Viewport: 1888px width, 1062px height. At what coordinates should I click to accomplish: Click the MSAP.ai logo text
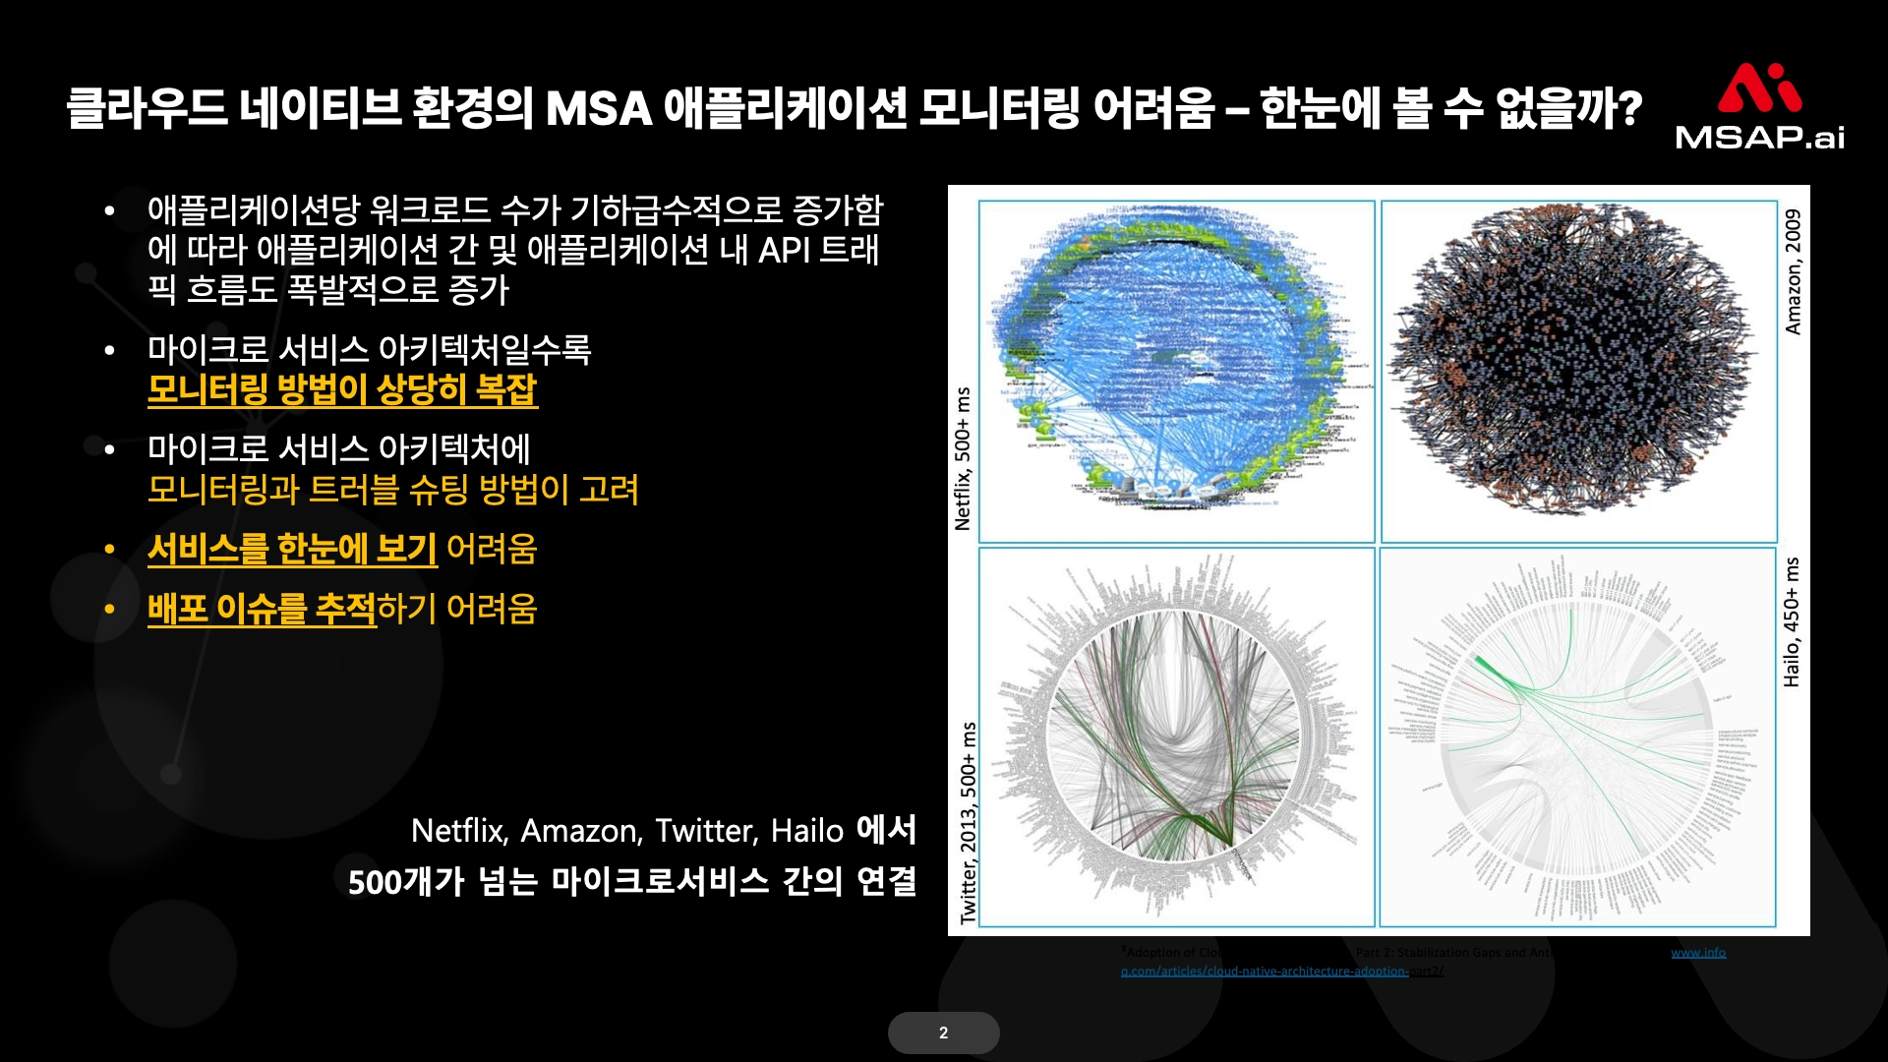pyautogui.click(x=1759, y=136)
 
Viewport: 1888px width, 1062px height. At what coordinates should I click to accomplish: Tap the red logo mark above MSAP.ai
pyautogui.click(x=1759, y=88)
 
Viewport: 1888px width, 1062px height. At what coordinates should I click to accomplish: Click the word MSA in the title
pyautogui.click(x=598, y=108)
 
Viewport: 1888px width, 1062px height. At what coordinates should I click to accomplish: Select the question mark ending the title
pyautogui.click(x=1628, y=108)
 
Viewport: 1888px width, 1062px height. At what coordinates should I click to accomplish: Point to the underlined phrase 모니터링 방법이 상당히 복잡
pyautogui.click(x=342, y=390)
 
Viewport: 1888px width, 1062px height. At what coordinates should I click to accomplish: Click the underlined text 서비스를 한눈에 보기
pyautogui.click(x=292, y=549)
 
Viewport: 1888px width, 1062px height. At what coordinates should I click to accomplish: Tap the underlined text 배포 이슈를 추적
pyautogui.click(x=262, y=609)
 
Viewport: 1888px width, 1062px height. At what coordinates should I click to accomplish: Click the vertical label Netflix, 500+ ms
pyautogui.click(x=963, y=458)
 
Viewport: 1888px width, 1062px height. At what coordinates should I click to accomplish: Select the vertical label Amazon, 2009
pyautogui.click(x=1793, y=271)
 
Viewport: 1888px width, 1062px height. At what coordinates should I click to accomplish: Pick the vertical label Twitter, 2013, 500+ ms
pyautogui.click(x=969, y=822)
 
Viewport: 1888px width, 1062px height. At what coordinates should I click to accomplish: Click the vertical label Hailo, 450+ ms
pyautogui.click(x=1791, y=621)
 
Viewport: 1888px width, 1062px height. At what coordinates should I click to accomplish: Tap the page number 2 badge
pyautogui.click(x=943, y=1032)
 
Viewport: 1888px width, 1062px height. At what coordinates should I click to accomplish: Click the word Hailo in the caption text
pyautogui.click(x=806, y=831)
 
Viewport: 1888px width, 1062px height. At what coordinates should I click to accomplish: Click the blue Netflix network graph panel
pyautogui.click(x=1176, y=372)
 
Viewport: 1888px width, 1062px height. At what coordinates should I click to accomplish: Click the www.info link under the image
pyautogui.click(x=1697, y=952)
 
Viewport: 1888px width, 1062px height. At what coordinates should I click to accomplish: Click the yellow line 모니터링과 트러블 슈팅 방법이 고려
pyautogui.click(x=393, y=490)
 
